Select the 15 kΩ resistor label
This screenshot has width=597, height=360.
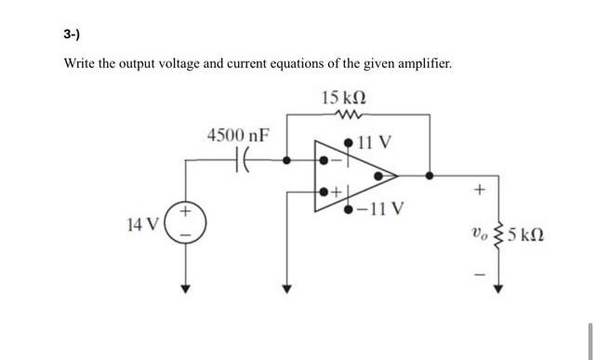pyautogui.click(x=343, y=99)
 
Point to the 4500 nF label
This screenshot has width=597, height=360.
pyautogui.click(x=239, y=135)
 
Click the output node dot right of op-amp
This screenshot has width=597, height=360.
pyautogui.click(x=429, y=174)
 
